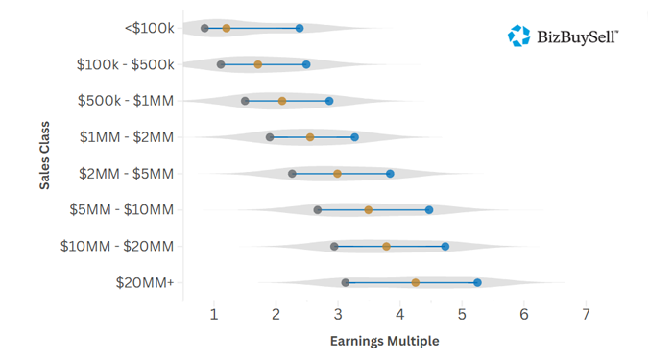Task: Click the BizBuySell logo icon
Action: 519,36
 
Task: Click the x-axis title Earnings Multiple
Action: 384,340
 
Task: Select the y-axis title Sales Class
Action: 45,155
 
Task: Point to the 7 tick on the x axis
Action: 586,314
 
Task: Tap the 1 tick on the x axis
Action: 214,314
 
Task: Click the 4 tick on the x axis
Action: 400,314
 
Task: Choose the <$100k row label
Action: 149,28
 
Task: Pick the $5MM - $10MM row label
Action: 122,209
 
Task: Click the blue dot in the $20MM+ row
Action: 477,282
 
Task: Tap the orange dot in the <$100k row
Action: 227,29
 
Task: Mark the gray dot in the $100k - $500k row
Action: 221,64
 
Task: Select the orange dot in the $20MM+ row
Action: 416,282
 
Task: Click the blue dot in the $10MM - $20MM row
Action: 445,246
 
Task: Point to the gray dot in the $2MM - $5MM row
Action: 292,174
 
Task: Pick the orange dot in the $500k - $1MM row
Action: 282,101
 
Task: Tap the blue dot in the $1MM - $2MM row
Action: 354,137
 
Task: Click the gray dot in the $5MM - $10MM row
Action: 318,209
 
